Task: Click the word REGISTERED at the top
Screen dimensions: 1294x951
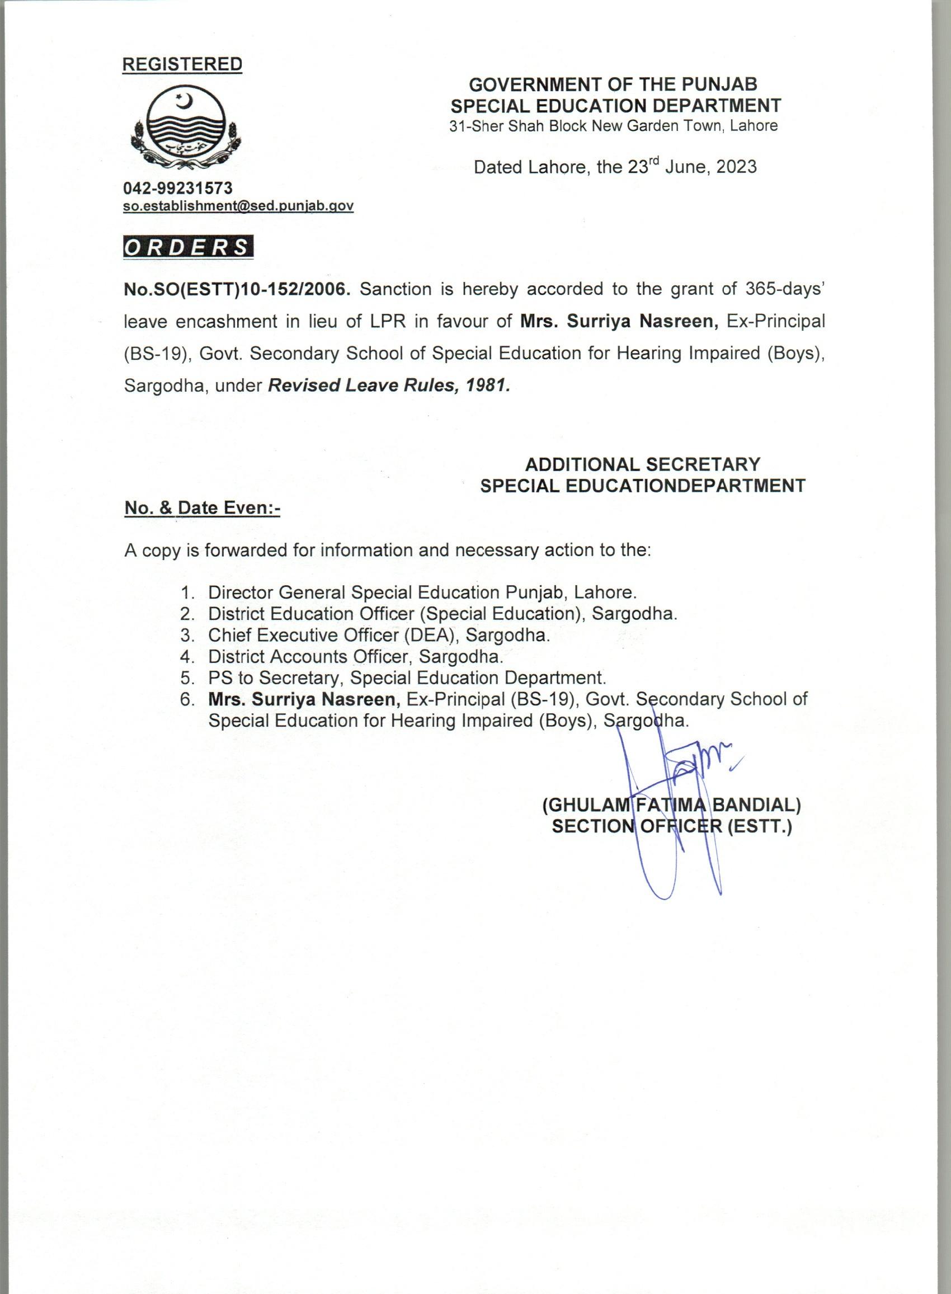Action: tap(182, 64)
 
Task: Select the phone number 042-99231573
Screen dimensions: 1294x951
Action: tap(178, 187)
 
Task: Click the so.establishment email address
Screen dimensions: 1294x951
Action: tap(238, 205)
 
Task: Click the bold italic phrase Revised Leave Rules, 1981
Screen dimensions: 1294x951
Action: tap(389, 385)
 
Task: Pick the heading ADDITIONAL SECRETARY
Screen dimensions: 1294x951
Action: tap(642, 464)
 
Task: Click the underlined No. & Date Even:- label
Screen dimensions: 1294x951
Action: tap(202, 508)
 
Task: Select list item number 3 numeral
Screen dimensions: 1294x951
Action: tap(186, 635)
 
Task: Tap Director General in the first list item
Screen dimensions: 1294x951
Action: tap(277, 592)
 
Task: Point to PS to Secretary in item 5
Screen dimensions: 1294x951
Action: tap(275, 677)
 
